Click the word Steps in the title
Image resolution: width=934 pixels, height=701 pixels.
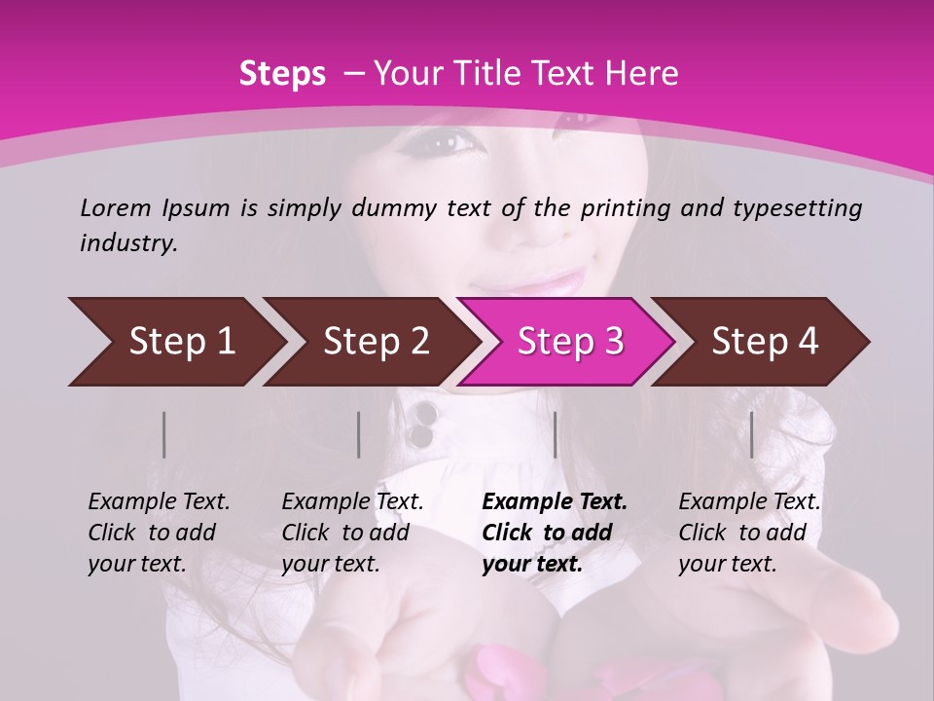click(x=282, y=74)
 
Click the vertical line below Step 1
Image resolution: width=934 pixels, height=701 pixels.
click(x=164, y=434)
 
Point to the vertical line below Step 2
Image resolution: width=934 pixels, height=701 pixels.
click(x=359, y=434)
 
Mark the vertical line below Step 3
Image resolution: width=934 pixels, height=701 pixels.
click(x=555, y=434)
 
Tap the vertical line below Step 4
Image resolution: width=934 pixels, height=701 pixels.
click(x=751, y=434)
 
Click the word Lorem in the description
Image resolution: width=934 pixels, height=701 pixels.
click(x=116, y=207)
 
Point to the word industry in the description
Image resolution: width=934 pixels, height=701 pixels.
click(x=128, y=243)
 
